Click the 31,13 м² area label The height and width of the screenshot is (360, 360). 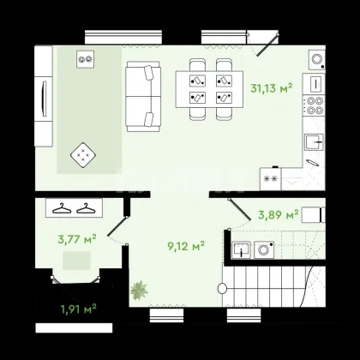tap(272, 88)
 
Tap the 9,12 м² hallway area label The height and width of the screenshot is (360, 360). tap(186, 246)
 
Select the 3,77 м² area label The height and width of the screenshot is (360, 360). tap(77, 239)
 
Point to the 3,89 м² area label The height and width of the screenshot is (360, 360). tap(279, 214)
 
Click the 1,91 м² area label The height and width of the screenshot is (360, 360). tap(78, 309)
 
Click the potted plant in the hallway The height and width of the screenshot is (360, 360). tap(139, 291)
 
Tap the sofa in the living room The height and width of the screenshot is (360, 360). tap(143, 96)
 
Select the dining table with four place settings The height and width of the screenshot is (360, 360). tap(209, 89)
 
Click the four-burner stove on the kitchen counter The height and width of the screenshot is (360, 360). tap(315, 105)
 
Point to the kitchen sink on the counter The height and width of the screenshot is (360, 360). tap(314, 141)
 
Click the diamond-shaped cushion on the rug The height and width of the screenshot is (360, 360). tap(83, 155)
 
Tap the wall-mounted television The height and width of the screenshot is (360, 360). tap(44, 99)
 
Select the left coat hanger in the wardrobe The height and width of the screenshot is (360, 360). tap(62, 208)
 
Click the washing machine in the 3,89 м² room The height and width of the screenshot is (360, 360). tap(264, 250)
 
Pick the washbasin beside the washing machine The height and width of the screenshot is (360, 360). tap(242, 249)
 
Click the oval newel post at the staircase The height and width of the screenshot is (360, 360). tap(222, 289)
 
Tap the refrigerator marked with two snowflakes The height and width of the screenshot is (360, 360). tap(271, 179)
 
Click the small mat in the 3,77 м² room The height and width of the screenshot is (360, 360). tap(76, 261)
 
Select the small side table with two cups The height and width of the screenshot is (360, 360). tap(85, 59)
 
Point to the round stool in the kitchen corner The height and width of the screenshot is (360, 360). tap(317, 60)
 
